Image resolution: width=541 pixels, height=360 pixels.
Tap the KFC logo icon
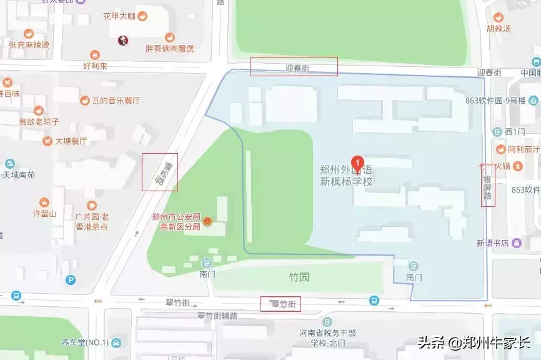(x=123, y=41)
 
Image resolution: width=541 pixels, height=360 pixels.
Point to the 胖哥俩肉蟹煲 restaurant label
(x=169, y=48)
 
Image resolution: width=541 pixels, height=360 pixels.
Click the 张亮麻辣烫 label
(x=29, y=44)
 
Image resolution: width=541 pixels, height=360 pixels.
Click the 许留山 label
(x=44, y=213)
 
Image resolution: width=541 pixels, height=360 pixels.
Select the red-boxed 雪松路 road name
(x=159, y=172)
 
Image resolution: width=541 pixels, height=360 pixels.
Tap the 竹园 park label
(x=299, y=277)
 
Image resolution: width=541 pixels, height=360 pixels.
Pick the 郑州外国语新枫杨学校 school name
(x=346, y=175)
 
